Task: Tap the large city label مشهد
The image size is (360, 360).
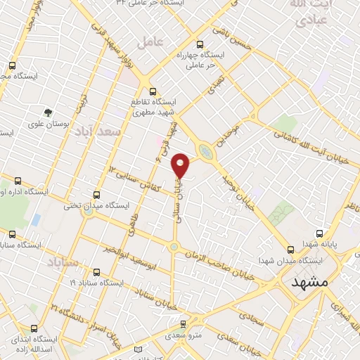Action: point(310,281)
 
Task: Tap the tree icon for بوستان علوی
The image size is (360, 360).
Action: point(48,112)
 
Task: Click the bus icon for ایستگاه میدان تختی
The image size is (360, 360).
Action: point(96,195)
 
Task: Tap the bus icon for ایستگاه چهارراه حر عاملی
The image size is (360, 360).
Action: point(201,43)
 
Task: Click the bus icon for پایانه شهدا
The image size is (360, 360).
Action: point(320,233)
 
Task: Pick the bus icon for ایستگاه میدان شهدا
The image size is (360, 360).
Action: point(291,250)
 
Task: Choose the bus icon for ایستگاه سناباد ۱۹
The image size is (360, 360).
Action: point(96,272)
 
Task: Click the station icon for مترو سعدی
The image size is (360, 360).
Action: point(184,324)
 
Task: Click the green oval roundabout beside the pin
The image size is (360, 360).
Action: point(205,151)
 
